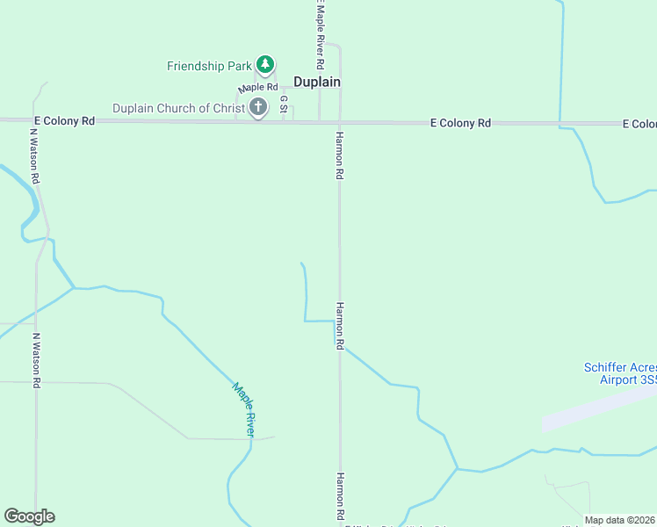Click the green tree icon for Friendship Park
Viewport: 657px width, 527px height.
[265, 65]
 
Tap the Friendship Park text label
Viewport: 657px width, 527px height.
[209, 66]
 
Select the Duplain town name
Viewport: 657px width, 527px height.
[316, 82]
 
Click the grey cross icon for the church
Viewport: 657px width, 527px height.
[258, 108]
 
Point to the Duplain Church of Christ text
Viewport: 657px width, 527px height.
[179, 108]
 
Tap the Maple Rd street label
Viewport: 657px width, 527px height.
[258, 88]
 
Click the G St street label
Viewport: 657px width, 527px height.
[284, 105]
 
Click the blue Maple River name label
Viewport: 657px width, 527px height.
[244, 409]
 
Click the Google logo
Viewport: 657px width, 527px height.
[29, 516]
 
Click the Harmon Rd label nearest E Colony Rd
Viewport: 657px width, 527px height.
[338, 156]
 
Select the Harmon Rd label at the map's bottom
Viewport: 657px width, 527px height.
[338, 496]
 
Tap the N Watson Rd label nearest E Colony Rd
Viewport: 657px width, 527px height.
[35, 156]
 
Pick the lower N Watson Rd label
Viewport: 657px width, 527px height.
[37, 360]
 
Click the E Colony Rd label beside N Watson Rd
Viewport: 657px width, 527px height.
[64, 121]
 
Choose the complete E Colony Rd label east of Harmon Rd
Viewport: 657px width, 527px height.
[460, 124]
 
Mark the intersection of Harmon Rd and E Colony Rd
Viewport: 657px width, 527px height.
[340, 122]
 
